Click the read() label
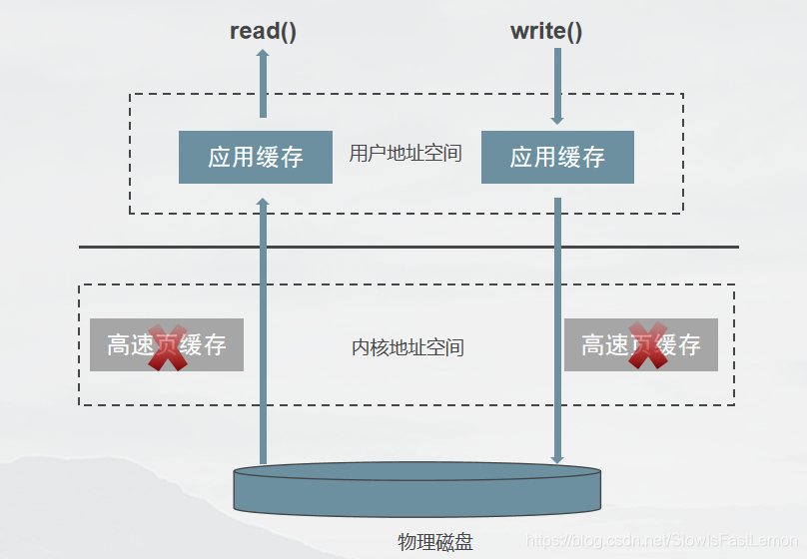pos(263,31)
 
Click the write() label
pos(546,31)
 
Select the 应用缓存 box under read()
pos(256,157)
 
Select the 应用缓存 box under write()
pos(557,157)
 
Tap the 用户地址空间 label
pos(405,154)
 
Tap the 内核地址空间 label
pos(407,347)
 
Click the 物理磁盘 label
pos(434,542)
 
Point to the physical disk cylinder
pos(417,489)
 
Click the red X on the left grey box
pos(168,346)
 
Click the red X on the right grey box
pos(647,346)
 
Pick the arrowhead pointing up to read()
pos(264,56)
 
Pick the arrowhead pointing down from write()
pos(557,119)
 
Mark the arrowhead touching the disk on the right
pos(557,458)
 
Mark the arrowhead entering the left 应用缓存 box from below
pos(264,203)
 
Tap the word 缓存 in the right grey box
pos(679,345)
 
